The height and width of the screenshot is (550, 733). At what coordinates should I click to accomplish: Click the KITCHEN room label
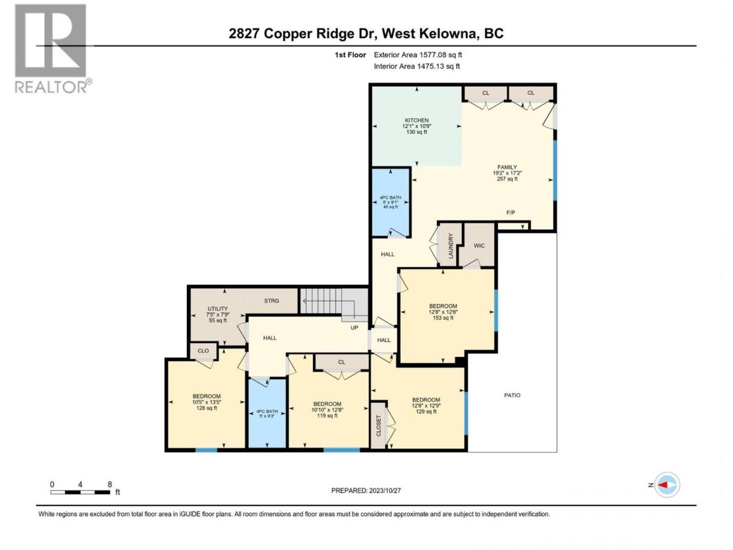[417, 120]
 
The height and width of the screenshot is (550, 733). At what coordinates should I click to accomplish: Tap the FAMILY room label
[507, 167]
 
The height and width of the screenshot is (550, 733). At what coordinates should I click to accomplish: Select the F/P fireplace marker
[510, 212]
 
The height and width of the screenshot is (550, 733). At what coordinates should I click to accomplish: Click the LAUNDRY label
[450, 246]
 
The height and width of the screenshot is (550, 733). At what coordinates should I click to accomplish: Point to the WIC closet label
[479, 245]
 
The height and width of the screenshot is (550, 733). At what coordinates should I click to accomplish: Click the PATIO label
[512, 395]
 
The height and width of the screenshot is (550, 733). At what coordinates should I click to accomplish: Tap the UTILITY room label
[218, 309]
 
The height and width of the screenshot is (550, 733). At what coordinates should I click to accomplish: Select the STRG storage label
[271, 300]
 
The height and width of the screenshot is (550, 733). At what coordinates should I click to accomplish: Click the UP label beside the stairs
[354, 327]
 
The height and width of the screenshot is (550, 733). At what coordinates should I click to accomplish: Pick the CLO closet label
[203, 350]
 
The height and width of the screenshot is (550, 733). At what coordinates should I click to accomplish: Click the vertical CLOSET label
[379, 425]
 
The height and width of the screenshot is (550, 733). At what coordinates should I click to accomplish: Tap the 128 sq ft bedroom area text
[206, 408]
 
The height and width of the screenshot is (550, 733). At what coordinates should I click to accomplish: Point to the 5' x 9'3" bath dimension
[267, 416]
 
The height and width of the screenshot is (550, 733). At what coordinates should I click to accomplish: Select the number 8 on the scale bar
[110, 484]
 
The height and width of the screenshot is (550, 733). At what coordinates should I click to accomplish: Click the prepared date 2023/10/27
[385, 490]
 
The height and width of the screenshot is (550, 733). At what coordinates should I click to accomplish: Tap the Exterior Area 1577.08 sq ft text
[418, 55]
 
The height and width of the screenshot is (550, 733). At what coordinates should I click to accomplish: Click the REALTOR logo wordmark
[51, 87]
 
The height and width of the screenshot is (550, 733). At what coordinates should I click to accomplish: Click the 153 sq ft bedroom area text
[443, 318]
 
